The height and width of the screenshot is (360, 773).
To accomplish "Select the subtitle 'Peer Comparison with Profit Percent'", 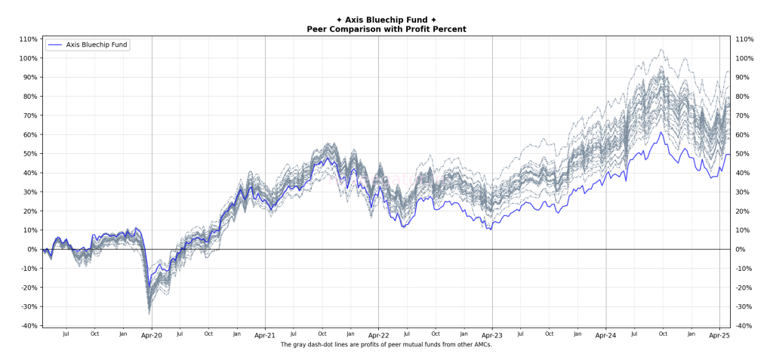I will click(x=386, y=29).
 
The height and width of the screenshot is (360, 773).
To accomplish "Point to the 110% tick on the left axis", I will click(x=29, y=39).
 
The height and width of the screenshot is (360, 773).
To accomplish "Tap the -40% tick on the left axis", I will click(x=29, y=325).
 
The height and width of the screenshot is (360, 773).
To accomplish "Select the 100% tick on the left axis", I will click(x=29, y=58).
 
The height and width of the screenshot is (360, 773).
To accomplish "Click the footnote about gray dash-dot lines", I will click(x=386, y=345).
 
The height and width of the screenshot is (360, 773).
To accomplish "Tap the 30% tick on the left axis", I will click(x=30, y=192).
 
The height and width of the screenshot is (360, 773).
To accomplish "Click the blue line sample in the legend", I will click(x=55, y=45).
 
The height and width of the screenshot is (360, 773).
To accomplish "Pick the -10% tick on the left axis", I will click(x=29, y=268).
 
